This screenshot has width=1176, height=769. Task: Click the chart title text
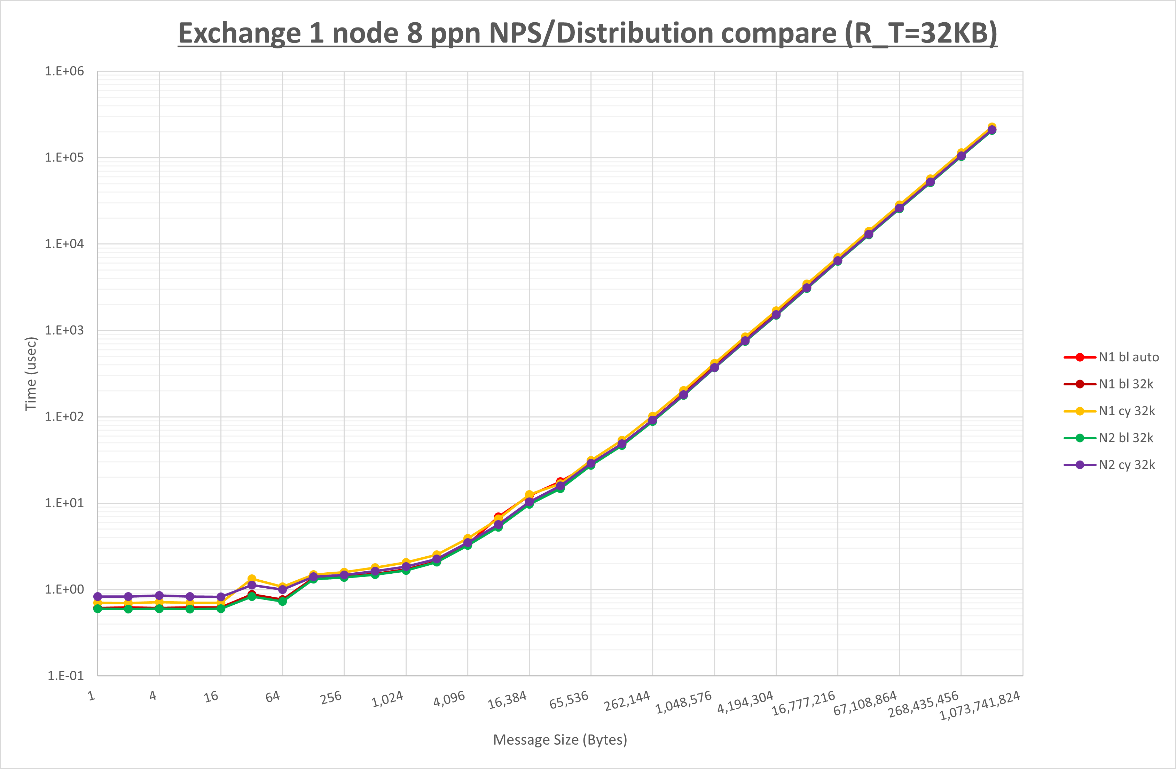coord(588,34)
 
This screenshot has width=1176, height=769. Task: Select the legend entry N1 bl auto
coord(1129,357)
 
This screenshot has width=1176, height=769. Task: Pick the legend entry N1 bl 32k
coord(1126,384)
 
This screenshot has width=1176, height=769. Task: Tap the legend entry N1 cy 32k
coord(1127,411)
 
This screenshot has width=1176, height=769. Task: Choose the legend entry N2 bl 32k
coord(1126,438)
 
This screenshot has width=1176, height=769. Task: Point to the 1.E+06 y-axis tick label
coord(65,71)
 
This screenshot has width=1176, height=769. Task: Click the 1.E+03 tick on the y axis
coord(65,330)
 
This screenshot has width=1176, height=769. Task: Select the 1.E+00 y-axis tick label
coord(65,589)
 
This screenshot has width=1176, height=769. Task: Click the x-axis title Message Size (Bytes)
coord(560,740)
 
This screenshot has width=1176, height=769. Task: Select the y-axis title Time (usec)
coord(31,374)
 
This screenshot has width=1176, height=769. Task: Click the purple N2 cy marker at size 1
coord(98,597)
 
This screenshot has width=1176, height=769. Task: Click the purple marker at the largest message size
coord(992,130)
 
